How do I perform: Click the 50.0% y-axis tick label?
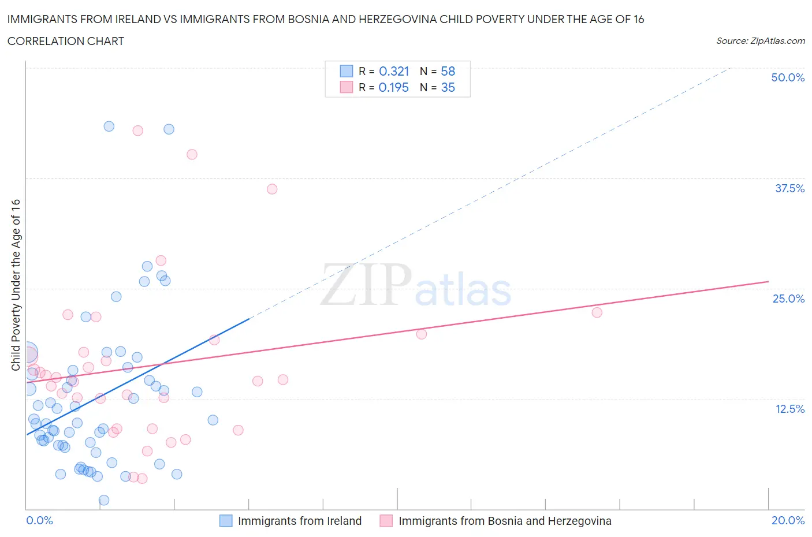788,77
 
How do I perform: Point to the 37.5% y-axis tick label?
789,188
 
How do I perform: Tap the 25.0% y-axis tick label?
788,299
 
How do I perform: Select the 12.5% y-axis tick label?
789,409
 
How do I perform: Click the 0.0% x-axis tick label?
39,520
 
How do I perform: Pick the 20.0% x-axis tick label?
788,520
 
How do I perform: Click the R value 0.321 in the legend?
394,71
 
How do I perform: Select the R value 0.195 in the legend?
393,87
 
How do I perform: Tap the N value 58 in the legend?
448,71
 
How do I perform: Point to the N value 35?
448,87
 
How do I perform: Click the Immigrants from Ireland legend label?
299,521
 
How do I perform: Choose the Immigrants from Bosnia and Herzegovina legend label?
504,521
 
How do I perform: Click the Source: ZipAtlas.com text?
760,40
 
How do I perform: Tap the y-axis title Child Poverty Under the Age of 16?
16,285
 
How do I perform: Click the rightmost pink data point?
597,312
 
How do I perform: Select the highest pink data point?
137,130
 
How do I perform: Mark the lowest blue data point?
104,500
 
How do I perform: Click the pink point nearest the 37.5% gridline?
272,189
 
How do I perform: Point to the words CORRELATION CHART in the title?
66,41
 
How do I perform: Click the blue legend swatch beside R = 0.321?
346,71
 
